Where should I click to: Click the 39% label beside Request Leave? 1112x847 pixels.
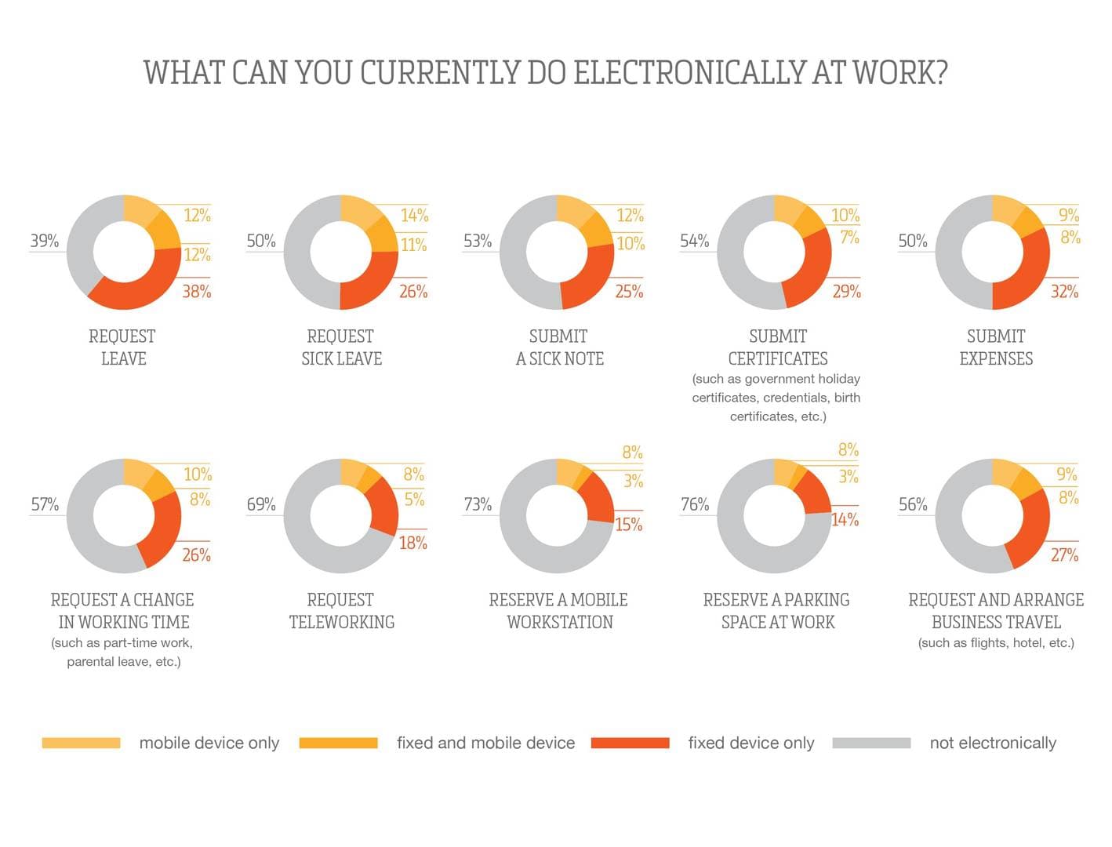click(45, 241)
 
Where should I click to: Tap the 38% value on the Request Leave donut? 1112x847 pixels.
click(197, 292)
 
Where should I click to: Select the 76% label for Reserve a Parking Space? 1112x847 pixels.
click(695, 504)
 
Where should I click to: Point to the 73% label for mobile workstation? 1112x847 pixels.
click(478, 504)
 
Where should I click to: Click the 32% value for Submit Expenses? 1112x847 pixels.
click(1064, 292)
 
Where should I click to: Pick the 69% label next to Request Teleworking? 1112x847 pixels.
click(261, 504)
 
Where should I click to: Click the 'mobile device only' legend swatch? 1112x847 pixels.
click(81, 743)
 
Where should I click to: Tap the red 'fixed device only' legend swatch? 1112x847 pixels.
click(630, 743)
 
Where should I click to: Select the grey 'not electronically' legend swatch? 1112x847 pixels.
click(871, 743)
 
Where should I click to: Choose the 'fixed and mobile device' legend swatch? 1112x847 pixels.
click(338, 743)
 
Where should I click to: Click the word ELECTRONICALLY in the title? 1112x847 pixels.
click(689, 73)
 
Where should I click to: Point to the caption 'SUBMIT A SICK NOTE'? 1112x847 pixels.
click(559, 347)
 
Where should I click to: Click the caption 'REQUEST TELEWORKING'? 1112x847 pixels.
click(341, 611)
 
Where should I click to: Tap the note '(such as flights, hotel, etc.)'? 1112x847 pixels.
click(996, 643)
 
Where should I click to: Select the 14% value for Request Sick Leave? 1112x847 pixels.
click(414, 216)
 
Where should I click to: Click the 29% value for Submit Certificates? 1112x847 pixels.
click(846, 292)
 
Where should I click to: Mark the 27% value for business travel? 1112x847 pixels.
click(1064, 555)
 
